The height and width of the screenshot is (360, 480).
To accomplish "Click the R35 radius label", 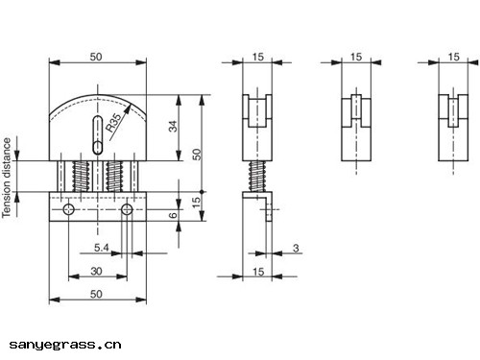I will pos(115,123).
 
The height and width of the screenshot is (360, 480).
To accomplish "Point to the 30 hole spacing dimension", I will pos(96,272).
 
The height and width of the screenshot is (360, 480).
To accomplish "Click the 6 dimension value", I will pos(174,216).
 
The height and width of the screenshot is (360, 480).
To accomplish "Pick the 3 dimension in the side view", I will pos(296,249).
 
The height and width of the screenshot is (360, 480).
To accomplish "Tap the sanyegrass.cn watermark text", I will pos(65,343).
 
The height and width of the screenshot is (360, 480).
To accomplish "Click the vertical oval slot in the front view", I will pos(97,134).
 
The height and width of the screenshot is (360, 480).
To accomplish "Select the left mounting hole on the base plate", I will pos(67,209).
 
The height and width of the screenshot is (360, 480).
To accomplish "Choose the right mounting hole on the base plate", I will pos(127,209).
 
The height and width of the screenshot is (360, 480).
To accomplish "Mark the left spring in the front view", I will pos(82,176).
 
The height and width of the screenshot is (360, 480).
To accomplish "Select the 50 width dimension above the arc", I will pos(97,58).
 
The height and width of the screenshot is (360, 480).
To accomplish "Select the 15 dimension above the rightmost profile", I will pos(452,58).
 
